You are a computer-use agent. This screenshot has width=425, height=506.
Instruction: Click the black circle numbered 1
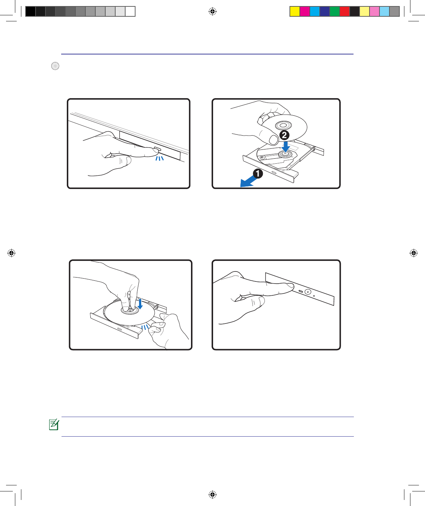click(x=257, y=174)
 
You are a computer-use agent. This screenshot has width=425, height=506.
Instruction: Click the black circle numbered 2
click(x=284, y=135)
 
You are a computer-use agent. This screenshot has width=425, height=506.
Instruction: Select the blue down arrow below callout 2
click(x=286, y=147)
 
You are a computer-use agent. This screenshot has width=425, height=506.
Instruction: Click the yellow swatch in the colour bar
click(x=295, y=11)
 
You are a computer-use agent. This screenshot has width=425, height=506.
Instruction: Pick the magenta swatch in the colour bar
click(x=305, y=11)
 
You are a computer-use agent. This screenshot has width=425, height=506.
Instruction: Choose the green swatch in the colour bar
click(x=334, y=11)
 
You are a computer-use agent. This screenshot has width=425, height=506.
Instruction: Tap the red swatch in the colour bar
click(x=344, y=11)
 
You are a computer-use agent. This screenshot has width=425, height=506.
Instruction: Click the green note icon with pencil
click(x=54, y=424)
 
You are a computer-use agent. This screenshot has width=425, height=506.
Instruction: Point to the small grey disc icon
click(x=55, y=66)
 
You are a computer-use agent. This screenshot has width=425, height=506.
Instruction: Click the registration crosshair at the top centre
click(x=212, y=11)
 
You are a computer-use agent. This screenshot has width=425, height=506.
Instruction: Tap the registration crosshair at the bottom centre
click(x=212, y=494)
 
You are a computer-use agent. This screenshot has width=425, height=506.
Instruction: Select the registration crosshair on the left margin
click(x=11, y=253)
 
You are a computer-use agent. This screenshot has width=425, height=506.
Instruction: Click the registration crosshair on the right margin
click(x=414, y=253)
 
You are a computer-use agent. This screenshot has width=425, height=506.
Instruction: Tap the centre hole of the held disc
click(x=283, y=125)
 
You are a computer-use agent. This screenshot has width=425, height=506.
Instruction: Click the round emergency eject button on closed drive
click(x=308, y=292)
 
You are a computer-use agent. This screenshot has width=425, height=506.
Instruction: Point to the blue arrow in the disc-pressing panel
click(x=140, y=304)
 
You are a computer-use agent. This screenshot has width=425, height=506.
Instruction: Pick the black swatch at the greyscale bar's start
click(x=31, y=11)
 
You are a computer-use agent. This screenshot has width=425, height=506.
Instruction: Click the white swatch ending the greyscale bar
click(x=130, y=11)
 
